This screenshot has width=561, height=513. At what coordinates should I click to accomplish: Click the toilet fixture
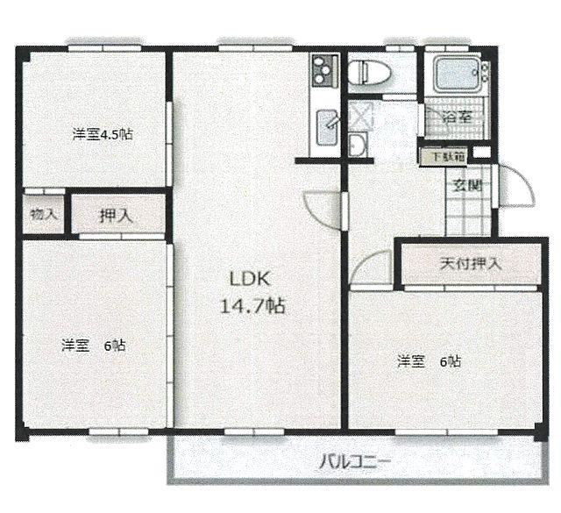[x=370, y=73]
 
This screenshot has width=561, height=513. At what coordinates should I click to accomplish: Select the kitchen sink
[x=327, y=127]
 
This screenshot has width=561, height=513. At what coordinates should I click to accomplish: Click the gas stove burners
[x=325, y=71]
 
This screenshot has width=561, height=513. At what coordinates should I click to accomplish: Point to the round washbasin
[x=357, y=145]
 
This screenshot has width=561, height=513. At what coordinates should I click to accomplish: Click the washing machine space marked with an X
[x=360, y=115]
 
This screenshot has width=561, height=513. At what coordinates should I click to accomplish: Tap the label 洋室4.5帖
[x=103, y=134]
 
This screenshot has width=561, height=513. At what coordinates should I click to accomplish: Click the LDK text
[x=249, y=279]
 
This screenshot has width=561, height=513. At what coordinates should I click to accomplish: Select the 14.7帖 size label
[x=252, y=306]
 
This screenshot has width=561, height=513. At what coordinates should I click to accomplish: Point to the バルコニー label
[x=354, y=462]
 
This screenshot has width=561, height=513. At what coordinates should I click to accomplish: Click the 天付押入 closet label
[x=471, y=264]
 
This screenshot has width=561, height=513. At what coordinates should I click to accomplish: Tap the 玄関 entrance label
[x=467, y=185]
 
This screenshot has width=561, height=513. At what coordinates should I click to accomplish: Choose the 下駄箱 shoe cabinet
[x=443, y=157]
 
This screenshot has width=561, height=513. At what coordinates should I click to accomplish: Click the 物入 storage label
[x=44, y=215]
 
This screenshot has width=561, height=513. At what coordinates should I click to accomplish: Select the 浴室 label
[x=458, y=117]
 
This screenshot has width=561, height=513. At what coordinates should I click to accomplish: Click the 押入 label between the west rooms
[x=117, y=216]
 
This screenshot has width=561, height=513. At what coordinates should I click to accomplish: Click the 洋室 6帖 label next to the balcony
[x=429, y=361]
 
